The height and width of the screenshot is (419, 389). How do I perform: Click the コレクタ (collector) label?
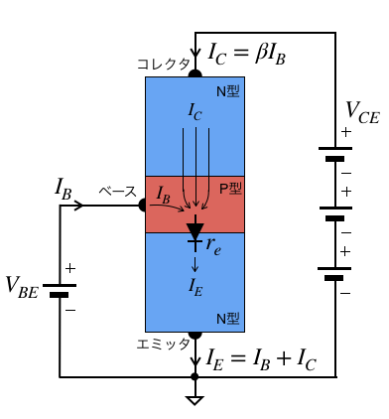click(164, 64)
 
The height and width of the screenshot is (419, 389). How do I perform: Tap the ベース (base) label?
click(118, 192)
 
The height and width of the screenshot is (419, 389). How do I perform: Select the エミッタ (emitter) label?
click(163, 345)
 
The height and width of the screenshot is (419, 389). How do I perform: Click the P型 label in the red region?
click(230, 189)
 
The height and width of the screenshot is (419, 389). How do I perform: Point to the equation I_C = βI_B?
click(247, 54)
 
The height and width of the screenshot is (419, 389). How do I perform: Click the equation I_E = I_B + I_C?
click(261, 359)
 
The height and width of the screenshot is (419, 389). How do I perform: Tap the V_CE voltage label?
click(362, 112)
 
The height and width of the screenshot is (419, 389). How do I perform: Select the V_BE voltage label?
click(22, 287)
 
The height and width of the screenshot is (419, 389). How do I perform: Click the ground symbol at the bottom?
click(194, 400)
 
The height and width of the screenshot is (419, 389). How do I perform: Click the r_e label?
click(213, 246)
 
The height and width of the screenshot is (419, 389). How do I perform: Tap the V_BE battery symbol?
click(60, 290)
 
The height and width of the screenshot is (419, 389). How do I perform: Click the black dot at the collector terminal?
click(195, 73)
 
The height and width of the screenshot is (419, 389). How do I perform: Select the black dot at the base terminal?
click(143, 206)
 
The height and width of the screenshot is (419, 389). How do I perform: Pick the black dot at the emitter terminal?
click(195, 335)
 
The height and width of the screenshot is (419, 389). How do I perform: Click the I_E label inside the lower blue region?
click(195, 287)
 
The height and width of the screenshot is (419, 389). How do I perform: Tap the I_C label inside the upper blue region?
click(195, 112)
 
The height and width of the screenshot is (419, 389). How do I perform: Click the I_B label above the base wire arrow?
click(63, 190)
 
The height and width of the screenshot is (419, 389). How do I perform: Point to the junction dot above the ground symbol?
click(194, 376)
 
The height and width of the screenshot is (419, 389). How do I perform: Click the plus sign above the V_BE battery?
click(70, 268)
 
